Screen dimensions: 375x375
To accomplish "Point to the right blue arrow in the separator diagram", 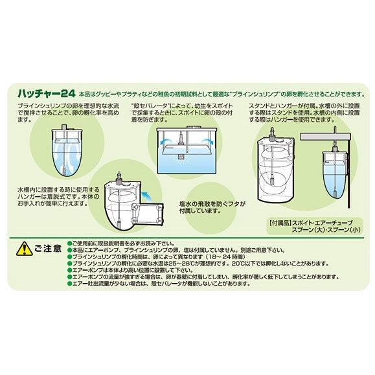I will tap(206, 139).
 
